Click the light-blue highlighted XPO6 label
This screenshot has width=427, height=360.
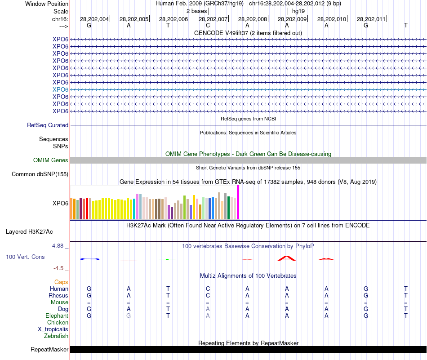pyautogui.click(x=60, y=89)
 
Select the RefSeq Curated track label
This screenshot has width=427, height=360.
pyautogui.click(x=48, y=125)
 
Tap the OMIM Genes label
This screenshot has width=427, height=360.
pyautogui.click(x=51, y=160)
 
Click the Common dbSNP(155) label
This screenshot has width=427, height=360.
pyautogui.click(x=40, y=174)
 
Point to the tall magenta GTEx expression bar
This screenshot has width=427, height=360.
pyautogui.click(x=238, y=202)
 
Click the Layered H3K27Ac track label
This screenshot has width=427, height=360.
pyautogui.click(x=29, y=232)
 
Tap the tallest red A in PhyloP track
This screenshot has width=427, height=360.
pyautogui.click(x=287, y=258)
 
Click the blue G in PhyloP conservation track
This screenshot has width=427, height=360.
pyautogui.click(x=89, y=259)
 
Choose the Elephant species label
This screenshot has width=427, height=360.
pyautogui.click(x=57, y=316)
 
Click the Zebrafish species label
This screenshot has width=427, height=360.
pyautogui.click(x=56, y=336)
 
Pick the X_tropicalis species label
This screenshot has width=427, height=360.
pyautogui.click(x=53, y=329)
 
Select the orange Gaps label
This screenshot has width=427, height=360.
pyautogui.click(x=61, y=282)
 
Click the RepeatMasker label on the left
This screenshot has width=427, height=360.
pyautogui.click(x=49, y=349)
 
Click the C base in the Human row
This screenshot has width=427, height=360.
pyautogui.click(x=208, y=289)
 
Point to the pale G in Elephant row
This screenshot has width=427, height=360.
pyautogui.click(x=129, y=316)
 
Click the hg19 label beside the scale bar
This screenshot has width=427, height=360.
pyautogui.click(x=298, y=11)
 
